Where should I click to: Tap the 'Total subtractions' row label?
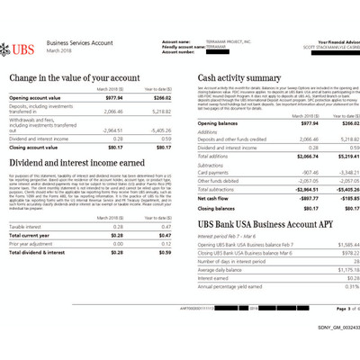220,189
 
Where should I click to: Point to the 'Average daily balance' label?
220,269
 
